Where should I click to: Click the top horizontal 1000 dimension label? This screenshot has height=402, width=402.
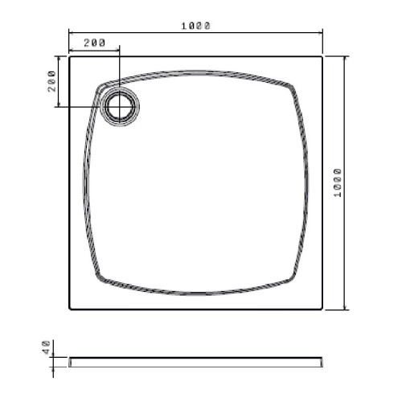point(196,26)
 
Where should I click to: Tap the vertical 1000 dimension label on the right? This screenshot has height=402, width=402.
point(338,183)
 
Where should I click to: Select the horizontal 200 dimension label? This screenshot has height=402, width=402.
point(95,43)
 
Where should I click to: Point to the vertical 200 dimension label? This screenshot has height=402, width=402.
point(51,81)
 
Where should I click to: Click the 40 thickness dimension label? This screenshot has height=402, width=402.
point(46,347)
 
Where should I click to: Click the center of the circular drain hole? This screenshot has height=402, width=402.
point(120,107)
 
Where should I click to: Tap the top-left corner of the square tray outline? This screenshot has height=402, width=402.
point(69,57)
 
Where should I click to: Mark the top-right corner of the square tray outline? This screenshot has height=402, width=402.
point(322,57)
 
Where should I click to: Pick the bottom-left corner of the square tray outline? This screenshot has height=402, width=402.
point(69,310)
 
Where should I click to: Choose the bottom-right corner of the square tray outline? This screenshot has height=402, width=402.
point(322,310)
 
